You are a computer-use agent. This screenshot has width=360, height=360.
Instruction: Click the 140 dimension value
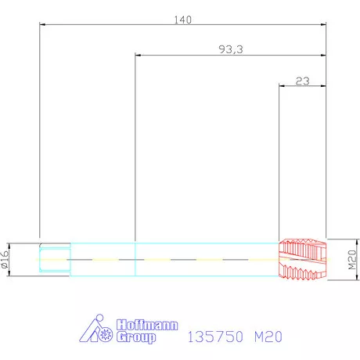182,20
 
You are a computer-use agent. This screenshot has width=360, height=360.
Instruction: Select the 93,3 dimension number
231,49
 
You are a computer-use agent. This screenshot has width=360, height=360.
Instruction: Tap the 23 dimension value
303,81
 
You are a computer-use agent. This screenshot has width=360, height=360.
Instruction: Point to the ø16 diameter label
5,259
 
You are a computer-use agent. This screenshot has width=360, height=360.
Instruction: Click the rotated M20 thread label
352,260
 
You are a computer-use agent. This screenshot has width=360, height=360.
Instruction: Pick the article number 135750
215,337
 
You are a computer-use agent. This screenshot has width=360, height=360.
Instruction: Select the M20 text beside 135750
268,337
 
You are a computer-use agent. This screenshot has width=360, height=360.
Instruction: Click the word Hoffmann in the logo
147,325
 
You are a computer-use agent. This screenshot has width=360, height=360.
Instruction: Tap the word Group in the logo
136,337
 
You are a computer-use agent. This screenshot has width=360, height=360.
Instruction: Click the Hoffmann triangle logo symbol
95,329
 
